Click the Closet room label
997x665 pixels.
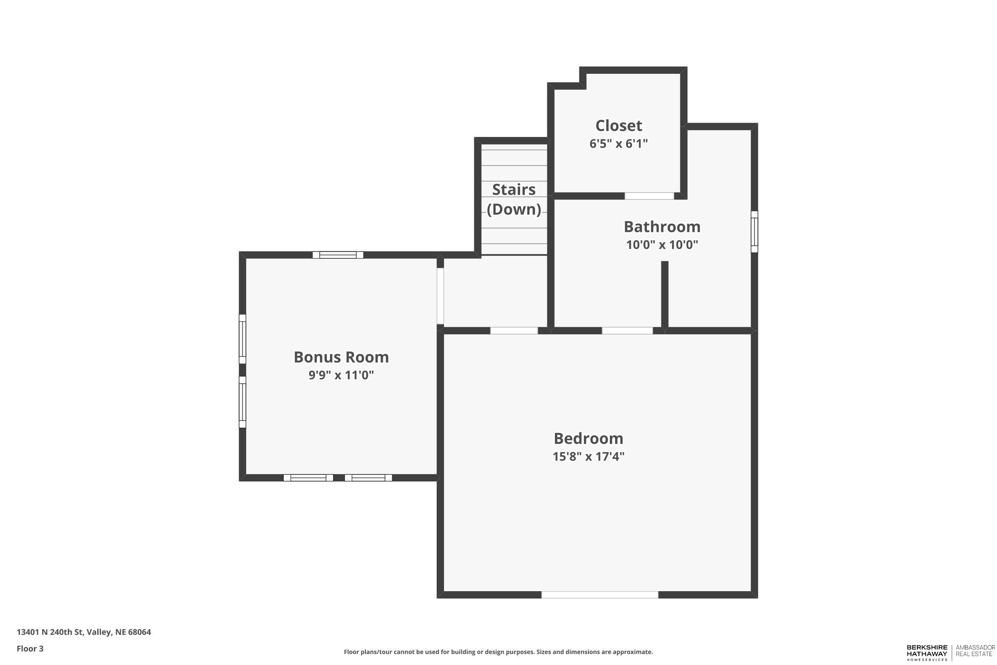click(x=619, y=126)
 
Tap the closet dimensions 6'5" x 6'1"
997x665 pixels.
click(x=619, y=144)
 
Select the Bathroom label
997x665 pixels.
click(x=662, y=227)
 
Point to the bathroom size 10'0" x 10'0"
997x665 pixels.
click(x=662, y=245)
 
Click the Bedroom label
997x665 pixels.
click(x=588, y=438)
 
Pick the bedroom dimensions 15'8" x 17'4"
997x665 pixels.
click(x=588, y=457)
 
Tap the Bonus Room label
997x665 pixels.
click(x=341, y=357)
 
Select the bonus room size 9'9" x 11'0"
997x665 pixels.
click(x=341, y=375)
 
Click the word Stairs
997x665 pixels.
click(x=514, y=189)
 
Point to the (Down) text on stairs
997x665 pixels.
click(x=514, y=209)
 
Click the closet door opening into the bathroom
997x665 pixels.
click(x=649, y=196)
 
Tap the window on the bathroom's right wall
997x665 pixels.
click(x=754, y=231)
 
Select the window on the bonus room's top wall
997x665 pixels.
click(x=338, y=255)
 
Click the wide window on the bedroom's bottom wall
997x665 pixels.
click(x=600, y=595)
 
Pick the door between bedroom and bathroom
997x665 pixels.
click(x=627, y=331)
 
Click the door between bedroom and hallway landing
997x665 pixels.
click(x=514, y=331)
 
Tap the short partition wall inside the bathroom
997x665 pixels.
click(x=665, y=294)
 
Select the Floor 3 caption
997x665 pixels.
click(x=30, y=649)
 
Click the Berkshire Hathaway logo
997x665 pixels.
click(x=927, y=653)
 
